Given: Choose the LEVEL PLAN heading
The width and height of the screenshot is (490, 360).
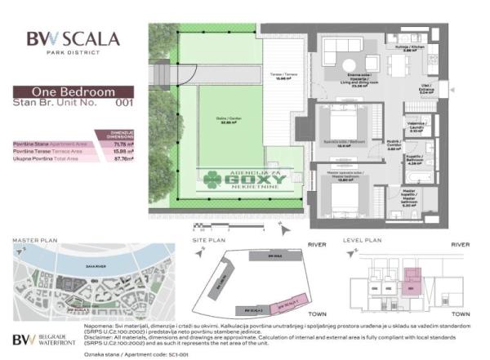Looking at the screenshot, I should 362,241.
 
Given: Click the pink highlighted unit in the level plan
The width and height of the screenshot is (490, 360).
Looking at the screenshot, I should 412,287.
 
